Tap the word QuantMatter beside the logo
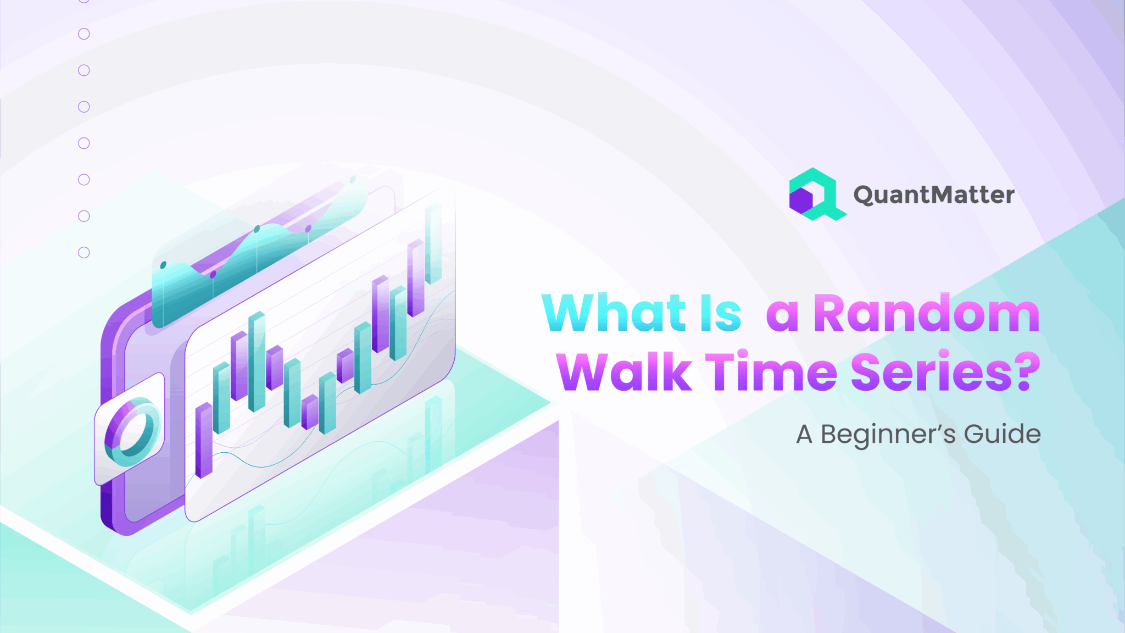coord(934,195)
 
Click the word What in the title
coord(614,313)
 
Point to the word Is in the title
coord(721,313)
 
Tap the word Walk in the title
coord(624,371)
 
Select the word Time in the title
coord(771,371)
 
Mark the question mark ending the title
coord(1027,371)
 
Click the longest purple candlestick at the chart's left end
coord(204,440)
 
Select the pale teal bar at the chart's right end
coord(433,243)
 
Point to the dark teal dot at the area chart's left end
coord(163,265)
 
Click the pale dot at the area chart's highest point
coord(353,180)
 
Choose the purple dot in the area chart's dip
coord(213,274)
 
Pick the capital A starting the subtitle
coord(804,434)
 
